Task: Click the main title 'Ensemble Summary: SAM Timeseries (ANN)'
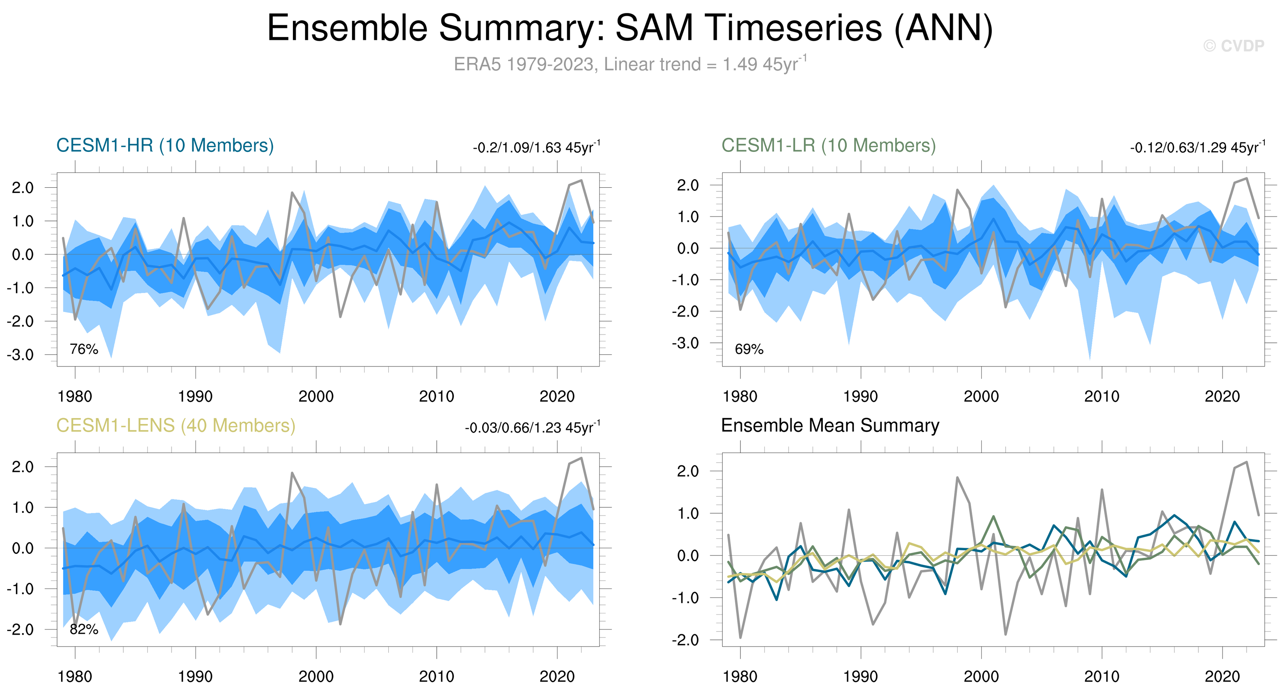click(x=630, y=28)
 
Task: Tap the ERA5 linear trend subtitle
click(x=630, y=64)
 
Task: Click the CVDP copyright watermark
click(x=1233, y=46)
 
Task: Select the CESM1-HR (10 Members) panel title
click(x=165, y=146)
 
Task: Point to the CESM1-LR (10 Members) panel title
click(x=828, y=146)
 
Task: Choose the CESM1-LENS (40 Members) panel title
click(x=175, y=426)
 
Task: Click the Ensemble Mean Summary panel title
click(x=830, y=426)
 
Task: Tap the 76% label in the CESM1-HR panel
click(x=84, y=349)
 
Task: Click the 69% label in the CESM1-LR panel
click(x=749, y=349)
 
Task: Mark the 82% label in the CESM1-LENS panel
click(x=84, y=629)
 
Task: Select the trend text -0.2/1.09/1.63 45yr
click(x=536, y=148)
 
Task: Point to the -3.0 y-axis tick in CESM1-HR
click(x=20, y=355)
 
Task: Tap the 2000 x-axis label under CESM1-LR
click(x=981, y=397)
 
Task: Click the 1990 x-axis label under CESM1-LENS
click(x=196, y=677)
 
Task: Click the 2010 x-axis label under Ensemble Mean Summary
click(x=1101, y=677)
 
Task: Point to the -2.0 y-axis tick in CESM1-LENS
click(x=20, y=630)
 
